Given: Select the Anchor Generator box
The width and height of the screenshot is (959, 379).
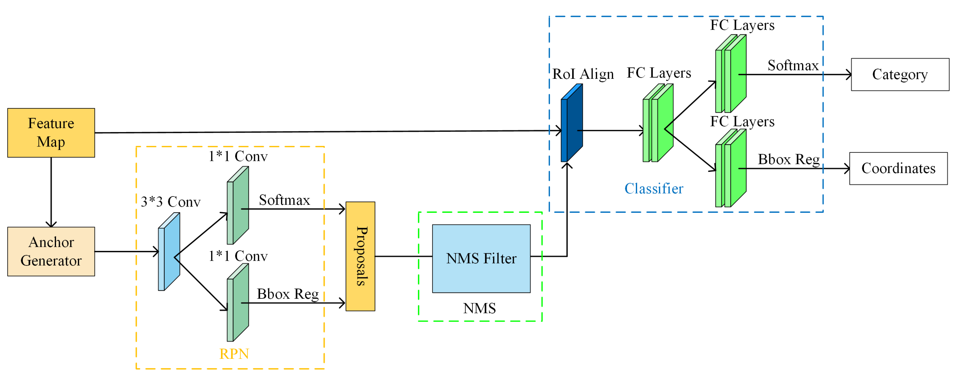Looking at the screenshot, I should coord(51,251).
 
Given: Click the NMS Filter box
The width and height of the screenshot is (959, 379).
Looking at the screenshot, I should coord(481,258).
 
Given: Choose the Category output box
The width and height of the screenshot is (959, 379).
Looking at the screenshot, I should coord(900,74).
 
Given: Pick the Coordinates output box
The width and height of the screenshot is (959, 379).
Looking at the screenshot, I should coord(898,168).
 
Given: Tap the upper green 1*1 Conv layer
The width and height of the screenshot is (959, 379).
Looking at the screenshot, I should coord(238,206).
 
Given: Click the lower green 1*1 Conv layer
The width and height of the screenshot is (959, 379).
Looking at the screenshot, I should coord(238,303).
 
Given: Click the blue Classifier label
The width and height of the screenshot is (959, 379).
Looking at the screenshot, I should coord(654,188).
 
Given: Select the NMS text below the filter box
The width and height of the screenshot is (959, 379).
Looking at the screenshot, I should coord(479,308).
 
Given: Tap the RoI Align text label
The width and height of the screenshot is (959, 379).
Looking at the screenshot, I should coord(583,74).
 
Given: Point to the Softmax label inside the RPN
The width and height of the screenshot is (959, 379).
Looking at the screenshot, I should coord(284,200).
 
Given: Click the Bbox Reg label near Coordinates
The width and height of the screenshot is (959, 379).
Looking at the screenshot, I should coord(788,159).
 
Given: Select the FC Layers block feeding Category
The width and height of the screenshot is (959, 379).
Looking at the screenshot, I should coord(730,74).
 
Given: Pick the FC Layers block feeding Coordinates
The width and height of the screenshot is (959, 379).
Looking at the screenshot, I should coord(730,168).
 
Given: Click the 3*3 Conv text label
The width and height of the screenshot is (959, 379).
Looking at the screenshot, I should coord(171,202).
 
